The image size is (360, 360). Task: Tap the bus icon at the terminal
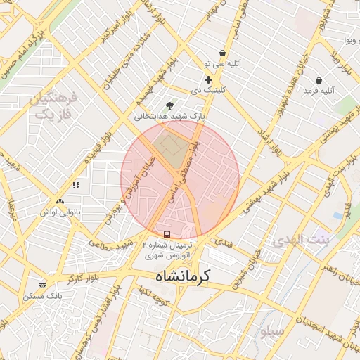pos(167,234)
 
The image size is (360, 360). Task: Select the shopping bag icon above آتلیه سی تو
pos(223,53)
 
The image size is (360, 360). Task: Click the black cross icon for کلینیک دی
pos(208,79)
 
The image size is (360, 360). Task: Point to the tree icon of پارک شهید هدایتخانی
pos(169,105)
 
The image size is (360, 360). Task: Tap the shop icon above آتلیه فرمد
pos(319,80)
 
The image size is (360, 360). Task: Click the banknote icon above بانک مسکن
pos(43,285)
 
